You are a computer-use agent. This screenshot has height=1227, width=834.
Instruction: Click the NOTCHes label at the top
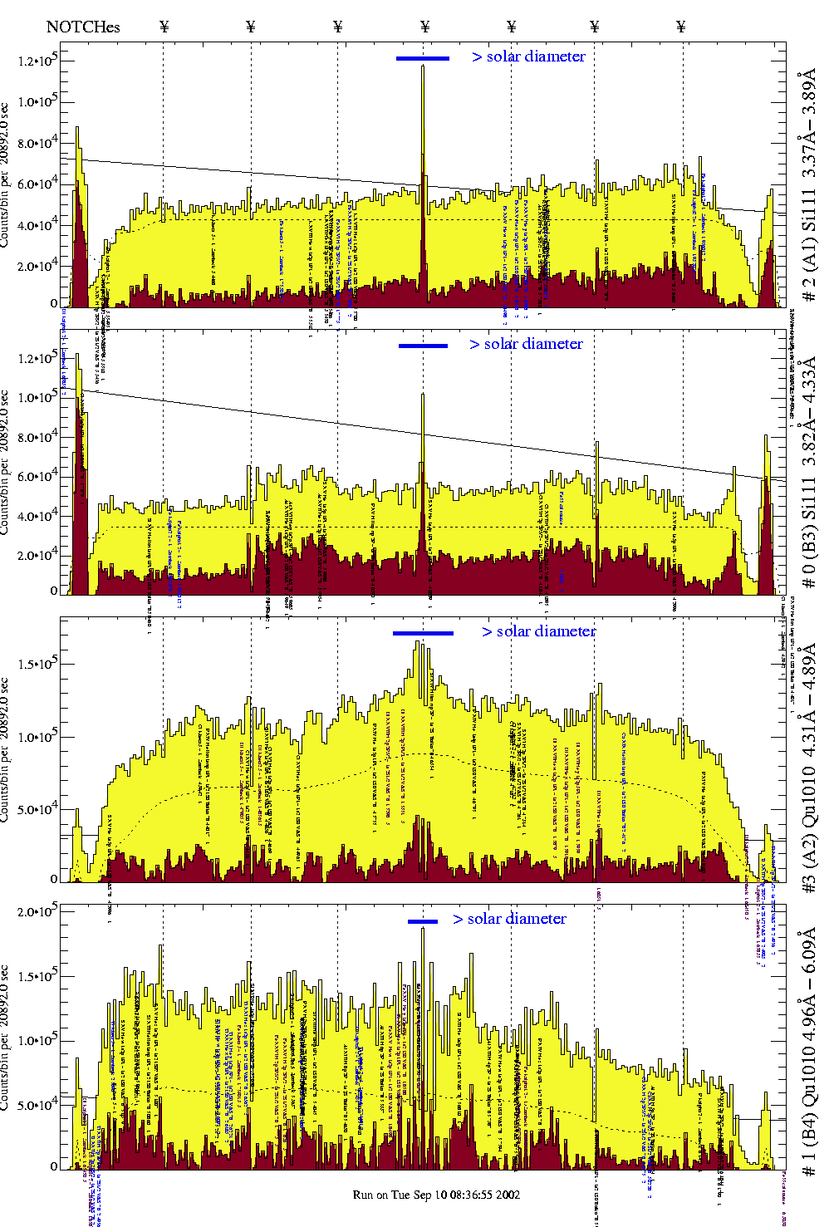tap(83, 27)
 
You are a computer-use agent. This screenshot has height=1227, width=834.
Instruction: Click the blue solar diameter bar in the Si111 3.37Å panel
tap(423, 58)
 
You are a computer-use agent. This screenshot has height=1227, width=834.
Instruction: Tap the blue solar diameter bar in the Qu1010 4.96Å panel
tap(423, 921)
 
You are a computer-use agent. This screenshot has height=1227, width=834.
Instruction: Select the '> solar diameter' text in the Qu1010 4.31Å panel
tap(538, 631)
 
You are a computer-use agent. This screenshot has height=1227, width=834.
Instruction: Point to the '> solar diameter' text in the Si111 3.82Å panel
tap(526, 344)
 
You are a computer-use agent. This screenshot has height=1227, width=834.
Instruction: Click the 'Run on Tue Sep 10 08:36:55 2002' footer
tap(436, 1195)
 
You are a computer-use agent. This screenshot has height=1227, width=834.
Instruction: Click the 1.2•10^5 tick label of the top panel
tap(37, 61)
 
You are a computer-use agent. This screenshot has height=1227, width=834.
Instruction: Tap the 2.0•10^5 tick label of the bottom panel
tap(37, 912)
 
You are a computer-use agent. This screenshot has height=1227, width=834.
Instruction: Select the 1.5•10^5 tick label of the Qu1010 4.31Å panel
tap(37, 665)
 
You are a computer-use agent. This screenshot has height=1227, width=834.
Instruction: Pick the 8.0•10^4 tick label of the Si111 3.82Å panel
tap(37, 438)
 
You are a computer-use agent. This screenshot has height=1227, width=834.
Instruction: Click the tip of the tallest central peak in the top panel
tap(423, 66)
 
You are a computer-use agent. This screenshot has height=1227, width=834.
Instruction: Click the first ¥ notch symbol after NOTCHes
tap(164, 27)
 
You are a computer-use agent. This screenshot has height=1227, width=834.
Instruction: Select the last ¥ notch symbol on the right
tap(681, 27)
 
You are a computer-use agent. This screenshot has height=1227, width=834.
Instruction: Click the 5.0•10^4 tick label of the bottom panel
tap(37, 1106)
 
